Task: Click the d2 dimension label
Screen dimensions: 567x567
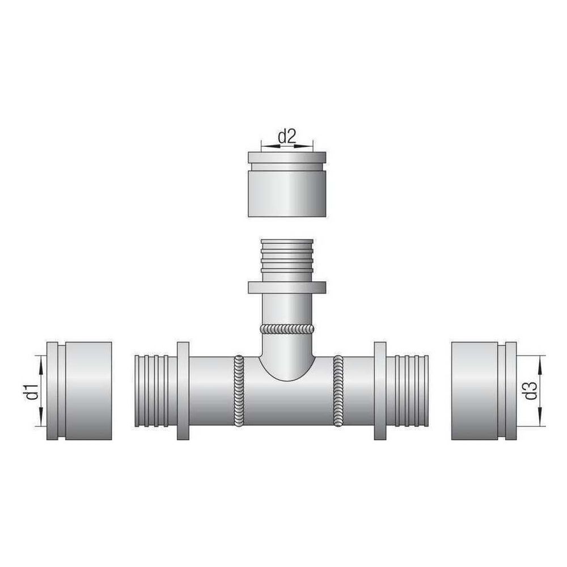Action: (x=287, y=137)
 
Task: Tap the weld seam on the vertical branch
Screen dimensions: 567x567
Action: (x=287, y=329)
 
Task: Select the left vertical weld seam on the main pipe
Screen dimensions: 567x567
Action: (x=239, y=391)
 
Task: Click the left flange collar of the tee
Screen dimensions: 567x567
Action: (x=183, y=391)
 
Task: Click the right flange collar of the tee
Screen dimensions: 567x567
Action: (x=380, y=391)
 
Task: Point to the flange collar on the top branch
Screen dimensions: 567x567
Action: (x=287, y=287)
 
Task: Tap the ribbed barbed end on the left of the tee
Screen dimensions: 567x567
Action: (x=156, y=391)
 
